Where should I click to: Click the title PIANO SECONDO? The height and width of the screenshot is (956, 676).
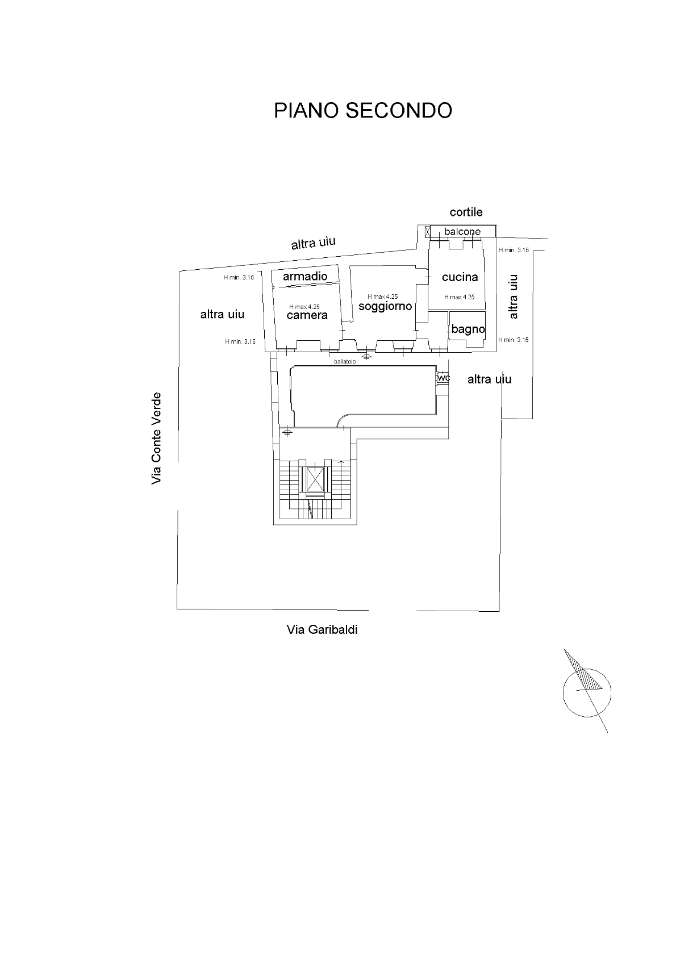362,110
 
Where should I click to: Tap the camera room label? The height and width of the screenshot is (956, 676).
307,315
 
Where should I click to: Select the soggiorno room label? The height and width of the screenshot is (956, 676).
385,307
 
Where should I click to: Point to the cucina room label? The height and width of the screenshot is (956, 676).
460,277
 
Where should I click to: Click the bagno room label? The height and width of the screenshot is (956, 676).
468,329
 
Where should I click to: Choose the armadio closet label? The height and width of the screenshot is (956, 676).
305,277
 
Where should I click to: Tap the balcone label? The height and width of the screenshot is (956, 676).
462,232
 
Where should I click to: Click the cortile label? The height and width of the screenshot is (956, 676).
466,212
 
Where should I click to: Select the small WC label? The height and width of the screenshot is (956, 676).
444,378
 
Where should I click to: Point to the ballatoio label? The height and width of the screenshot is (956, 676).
345,361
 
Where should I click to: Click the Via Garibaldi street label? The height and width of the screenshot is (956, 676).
322,629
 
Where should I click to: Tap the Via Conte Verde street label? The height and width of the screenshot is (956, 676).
156,438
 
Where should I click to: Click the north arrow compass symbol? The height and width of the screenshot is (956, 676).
586,690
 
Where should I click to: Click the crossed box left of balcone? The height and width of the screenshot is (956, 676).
427,231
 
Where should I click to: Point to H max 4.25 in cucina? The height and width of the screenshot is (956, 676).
459,297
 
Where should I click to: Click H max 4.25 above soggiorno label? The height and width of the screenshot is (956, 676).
382,297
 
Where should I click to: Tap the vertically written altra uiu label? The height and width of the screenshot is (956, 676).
513,297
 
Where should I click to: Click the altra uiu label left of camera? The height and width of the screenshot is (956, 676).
222,314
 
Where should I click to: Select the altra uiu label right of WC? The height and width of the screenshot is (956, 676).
489,379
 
